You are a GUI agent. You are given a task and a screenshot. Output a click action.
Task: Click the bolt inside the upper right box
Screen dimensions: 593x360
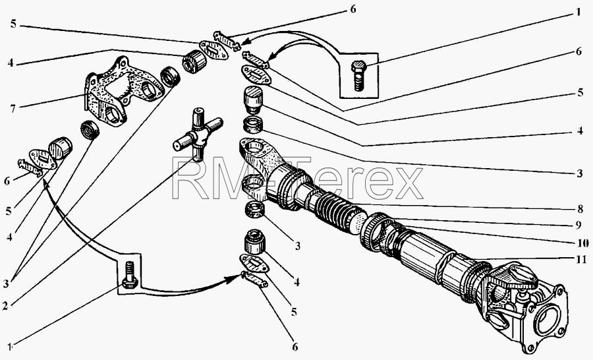(358, 75)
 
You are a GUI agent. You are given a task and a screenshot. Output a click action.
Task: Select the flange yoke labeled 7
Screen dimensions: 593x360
(122, 90)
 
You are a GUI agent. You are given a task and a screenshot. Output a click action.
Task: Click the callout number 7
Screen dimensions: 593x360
(13, 108)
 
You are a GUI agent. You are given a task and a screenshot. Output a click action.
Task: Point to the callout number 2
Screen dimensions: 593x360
(5, 305)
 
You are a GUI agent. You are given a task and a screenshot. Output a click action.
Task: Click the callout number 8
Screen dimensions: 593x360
(580, 208)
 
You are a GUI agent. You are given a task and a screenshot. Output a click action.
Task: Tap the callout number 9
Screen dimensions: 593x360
(579, 225)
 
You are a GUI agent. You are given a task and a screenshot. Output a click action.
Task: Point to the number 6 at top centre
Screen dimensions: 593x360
(353, 9)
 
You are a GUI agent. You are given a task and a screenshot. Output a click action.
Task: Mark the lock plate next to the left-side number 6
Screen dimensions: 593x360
(30, 167)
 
